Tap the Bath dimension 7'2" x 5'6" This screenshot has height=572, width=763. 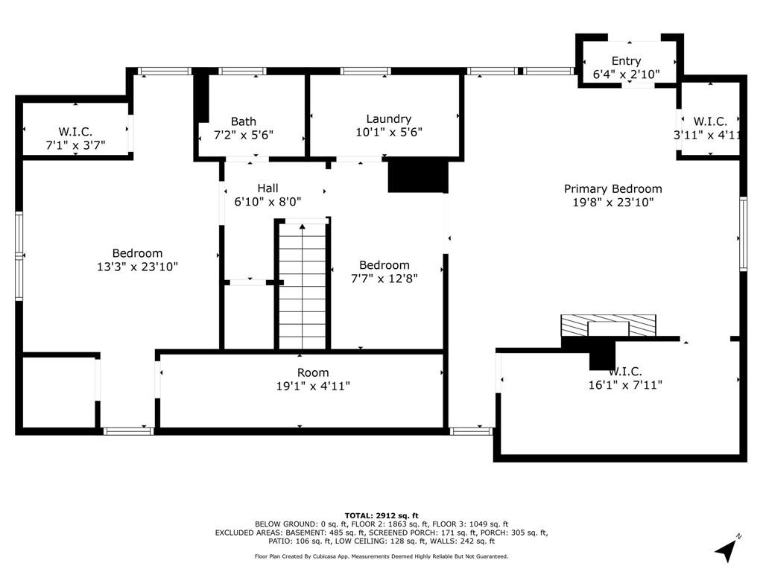click(244, 135)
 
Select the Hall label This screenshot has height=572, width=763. click(267, 188)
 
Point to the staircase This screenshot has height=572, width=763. click(303, 286)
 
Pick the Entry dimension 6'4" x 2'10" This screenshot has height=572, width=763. click(626, 74)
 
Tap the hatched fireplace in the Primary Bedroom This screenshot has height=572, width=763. click(608, 325)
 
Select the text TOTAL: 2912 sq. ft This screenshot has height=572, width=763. click(381, 515)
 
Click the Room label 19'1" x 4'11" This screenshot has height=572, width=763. click(313, 379)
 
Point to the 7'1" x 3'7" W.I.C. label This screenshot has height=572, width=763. click(75, 138)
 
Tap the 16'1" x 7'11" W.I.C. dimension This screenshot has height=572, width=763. click(625, 385)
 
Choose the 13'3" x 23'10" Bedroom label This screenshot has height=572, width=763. click(137, 260)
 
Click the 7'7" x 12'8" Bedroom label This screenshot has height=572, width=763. click(384, 272)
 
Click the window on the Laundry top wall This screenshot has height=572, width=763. click(365, 71)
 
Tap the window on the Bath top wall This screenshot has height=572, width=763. click(242, 71)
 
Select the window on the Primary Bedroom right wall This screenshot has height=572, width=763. click(743, 233)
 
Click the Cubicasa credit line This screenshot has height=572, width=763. click(381, 556)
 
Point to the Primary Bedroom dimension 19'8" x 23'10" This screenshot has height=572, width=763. click(612, 203)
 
